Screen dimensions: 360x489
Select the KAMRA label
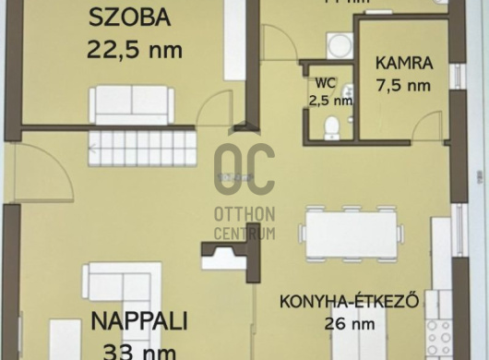click(x=403, y=65)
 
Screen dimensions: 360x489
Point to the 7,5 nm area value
click(x=403, y=86)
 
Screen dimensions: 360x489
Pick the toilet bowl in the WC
click(x=332, y=126)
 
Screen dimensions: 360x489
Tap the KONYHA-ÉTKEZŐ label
click(x=350, y=302)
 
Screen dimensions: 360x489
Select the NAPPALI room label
click(x=139, y=321)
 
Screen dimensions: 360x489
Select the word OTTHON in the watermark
click(x=244, y=215)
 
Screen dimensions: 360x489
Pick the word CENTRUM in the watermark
click(x=244, y=234)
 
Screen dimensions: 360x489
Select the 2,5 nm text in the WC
click(x=329, y=101)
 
